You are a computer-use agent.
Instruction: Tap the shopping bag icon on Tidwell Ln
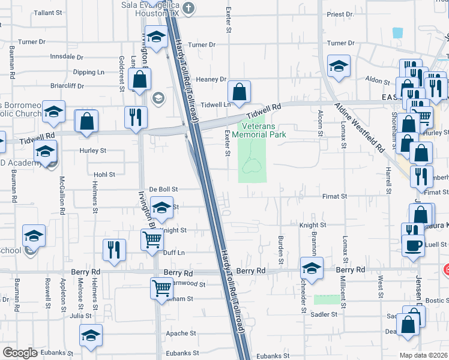click(239, 92)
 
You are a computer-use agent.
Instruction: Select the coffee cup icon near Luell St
click(412, 246)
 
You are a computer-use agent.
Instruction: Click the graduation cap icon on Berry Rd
click(311, 268)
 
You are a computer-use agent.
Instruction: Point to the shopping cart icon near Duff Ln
click(152, 240)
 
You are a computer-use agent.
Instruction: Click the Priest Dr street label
click(340, 14)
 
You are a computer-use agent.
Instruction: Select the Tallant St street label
click(49, 13)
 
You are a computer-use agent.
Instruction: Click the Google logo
click(20, 353)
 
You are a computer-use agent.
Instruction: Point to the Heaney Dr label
click(211, 79)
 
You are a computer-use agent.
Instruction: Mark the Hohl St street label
click(104, 175)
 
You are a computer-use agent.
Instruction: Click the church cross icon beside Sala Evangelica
click(189, 8)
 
